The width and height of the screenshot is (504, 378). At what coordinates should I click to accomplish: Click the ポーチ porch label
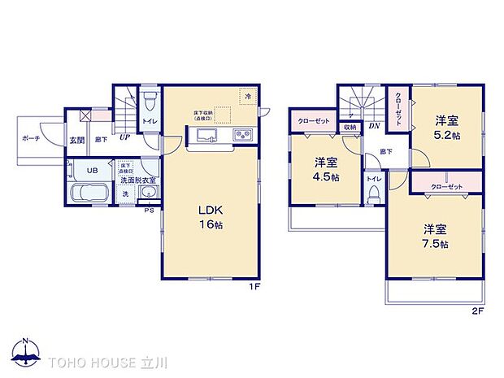[x=32, y=139]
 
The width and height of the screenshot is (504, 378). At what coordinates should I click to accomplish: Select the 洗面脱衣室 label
[x=139, y=180]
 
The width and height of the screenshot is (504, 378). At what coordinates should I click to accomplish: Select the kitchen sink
[x=205, y=135]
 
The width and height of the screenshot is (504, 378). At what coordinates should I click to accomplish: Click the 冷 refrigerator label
[x=247, y=97]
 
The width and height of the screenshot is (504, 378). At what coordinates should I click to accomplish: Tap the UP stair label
[x=124, y=137]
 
